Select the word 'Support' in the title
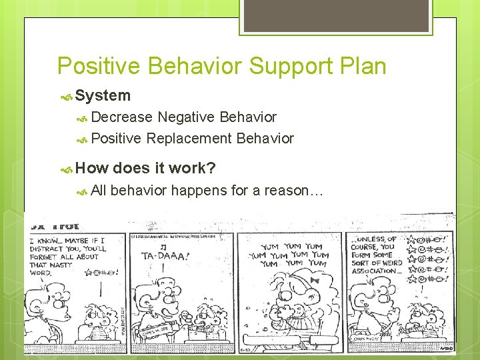[x=281, y=66]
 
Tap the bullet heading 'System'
[x=103, y=95]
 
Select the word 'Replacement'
[x=189, y=139]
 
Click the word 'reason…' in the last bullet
[x=294, y=191]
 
